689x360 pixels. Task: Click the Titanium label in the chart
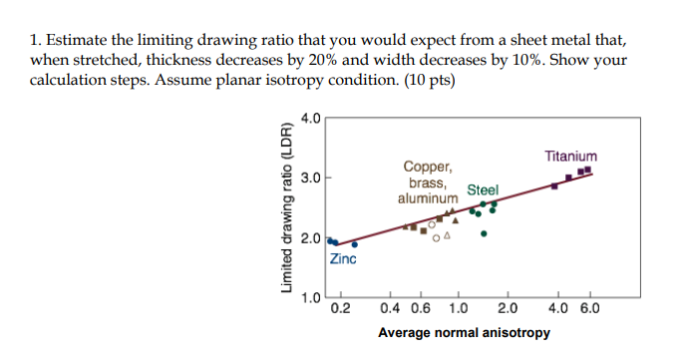571,157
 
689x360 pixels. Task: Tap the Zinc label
344,259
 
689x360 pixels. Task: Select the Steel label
483,189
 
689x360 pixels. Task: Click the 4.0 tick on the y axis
311,120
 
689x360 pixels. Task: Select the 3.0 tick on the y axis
311,180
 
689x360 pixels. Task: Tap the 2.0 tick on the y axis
311,239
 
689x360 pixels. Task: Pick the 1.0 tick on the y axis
311,298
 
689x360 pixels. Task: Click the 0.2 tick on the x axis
340,308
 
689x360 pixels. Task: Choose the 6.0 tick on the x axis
589,308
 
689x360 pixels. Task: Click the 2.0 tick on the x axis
507,308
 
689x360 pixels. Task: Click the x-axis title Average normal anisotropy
464,330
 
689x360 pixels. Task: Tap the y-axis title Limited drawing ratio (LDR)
287,210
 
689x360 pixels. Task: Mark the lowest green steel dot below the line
484,234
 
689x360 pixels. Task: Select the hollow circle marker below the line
436,238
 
